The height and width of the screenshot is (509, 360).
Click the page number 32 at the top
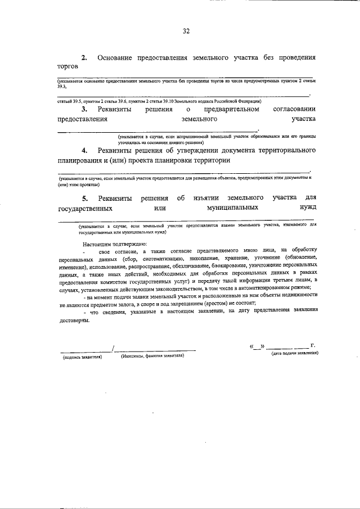[x=186, y=31]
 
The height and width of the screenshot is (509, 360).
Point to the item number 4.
[x=84, y=151]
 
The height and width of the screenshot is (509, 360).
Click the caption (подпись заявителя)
[x=82, y=357]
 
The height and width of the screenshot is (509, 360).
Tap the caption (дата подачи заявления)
[x=295, y=354]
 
